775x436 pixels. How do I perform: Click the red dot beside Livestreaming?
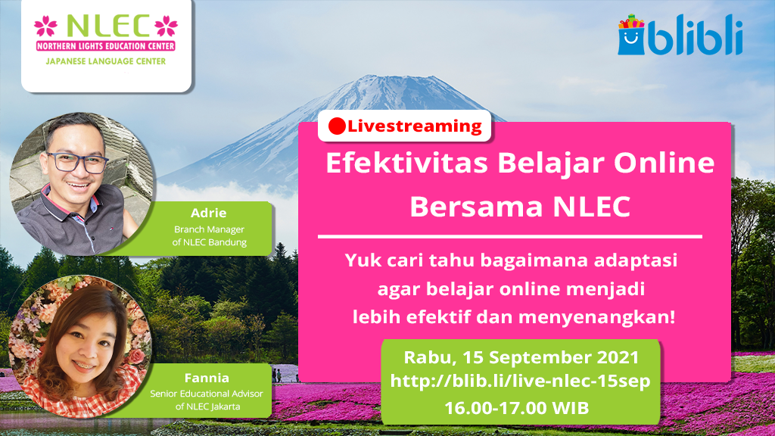pos(337,126)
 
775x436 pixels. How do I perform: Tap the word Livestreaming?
pos(415,126)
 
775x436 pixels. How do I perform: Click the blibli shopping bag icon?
pos(631,35)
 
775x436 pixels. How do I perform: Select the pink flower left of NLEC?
pos(45,26)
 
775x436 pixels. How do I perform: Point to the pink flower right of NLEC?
pos(166,26)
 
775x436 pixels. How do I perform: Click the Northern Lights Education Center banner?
pos(106,46)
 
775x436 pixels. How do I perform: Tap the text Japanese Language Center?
pos(106,61)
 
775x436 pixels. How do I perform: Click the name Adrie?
pos(209,213)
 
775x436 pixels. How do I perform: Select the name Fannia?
pos(207,378)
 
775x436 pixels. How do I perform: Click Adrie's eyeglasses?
pos(78,162)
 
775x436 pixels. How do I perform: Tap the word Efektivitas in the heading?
pos(406,163)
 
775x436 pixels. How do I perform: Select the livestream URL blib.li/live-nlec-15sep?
pos(520,381)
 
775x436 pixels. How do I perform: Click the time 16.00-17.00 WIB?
pos(517,408)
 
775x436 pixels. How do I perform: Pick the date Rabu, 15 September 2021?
pos(521,357)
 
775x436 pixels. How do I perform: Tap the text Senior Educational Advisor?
pos(207,394)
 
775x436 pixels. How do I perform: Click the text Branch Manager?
pos(209,229)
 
